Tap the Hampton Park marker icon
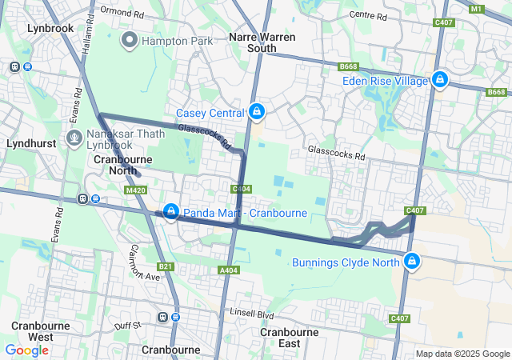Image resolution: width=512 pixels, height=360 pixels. click(x=128, y=39)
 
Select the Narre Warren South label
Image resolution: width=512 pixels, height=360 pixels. click(x=262, y=42)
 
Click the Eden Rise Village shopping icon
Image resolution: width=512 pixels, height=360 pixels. click(x=439, y=79)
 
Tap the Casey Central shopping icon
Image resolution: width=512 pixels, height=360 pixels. click(x=256, y=111)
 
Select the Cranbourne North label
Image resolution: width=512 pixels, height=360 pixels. click(x=116, y=165)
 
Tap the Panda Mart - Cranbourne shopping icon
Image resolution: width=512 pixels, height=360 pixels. click(x=170, y=211)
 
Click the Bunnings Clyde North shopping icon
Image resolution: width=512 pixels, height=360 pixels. click(x=412, y=261)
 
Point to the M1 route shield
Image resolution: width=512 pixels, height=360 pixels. click(x=477, y=9)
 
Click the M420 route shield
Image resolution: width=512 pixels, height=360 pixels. click(x=136, y=190)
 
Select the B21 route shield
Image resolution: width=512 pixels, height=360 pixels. click(x=166, y=266)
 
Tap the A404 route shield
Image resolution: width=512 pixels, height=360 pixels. click(x=229, y=271)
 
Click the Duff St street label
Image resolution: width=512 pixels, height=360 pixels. click(x=127, y=326)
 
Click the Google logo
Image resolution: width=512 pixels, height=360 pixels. click(x=26, y=350)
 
